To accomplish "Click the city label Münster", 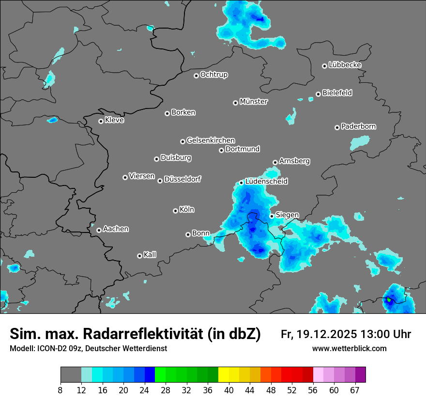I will click(254, 102).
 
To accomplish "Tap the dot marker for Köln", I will click(175, 211).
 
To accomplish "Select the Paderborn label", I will click(359, 127).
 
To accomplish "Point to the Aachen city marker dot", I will click(99, 230).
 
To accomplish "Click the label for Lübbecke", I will click(345, 65).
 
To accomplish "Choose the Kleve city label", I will click(114, 120).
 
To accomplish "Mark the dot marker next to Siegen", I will click(272, 216).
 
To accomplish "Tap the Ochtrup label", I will click(214, 75).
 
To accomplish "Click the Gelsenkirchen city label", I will click(211, 140).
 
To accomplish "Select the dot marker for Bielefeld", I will click(318, 94).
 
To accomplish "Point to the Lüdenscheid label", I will click(266, 182).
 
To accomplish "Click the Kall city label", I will click(150, 255).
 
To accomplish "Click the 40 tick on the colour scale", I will click(229, 390).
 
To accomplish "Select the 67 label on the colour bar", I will click(355, 390).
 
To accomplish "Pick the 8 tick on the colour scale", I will click(61, 390).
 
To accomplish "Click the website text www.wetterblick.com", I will click(349, 348).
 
